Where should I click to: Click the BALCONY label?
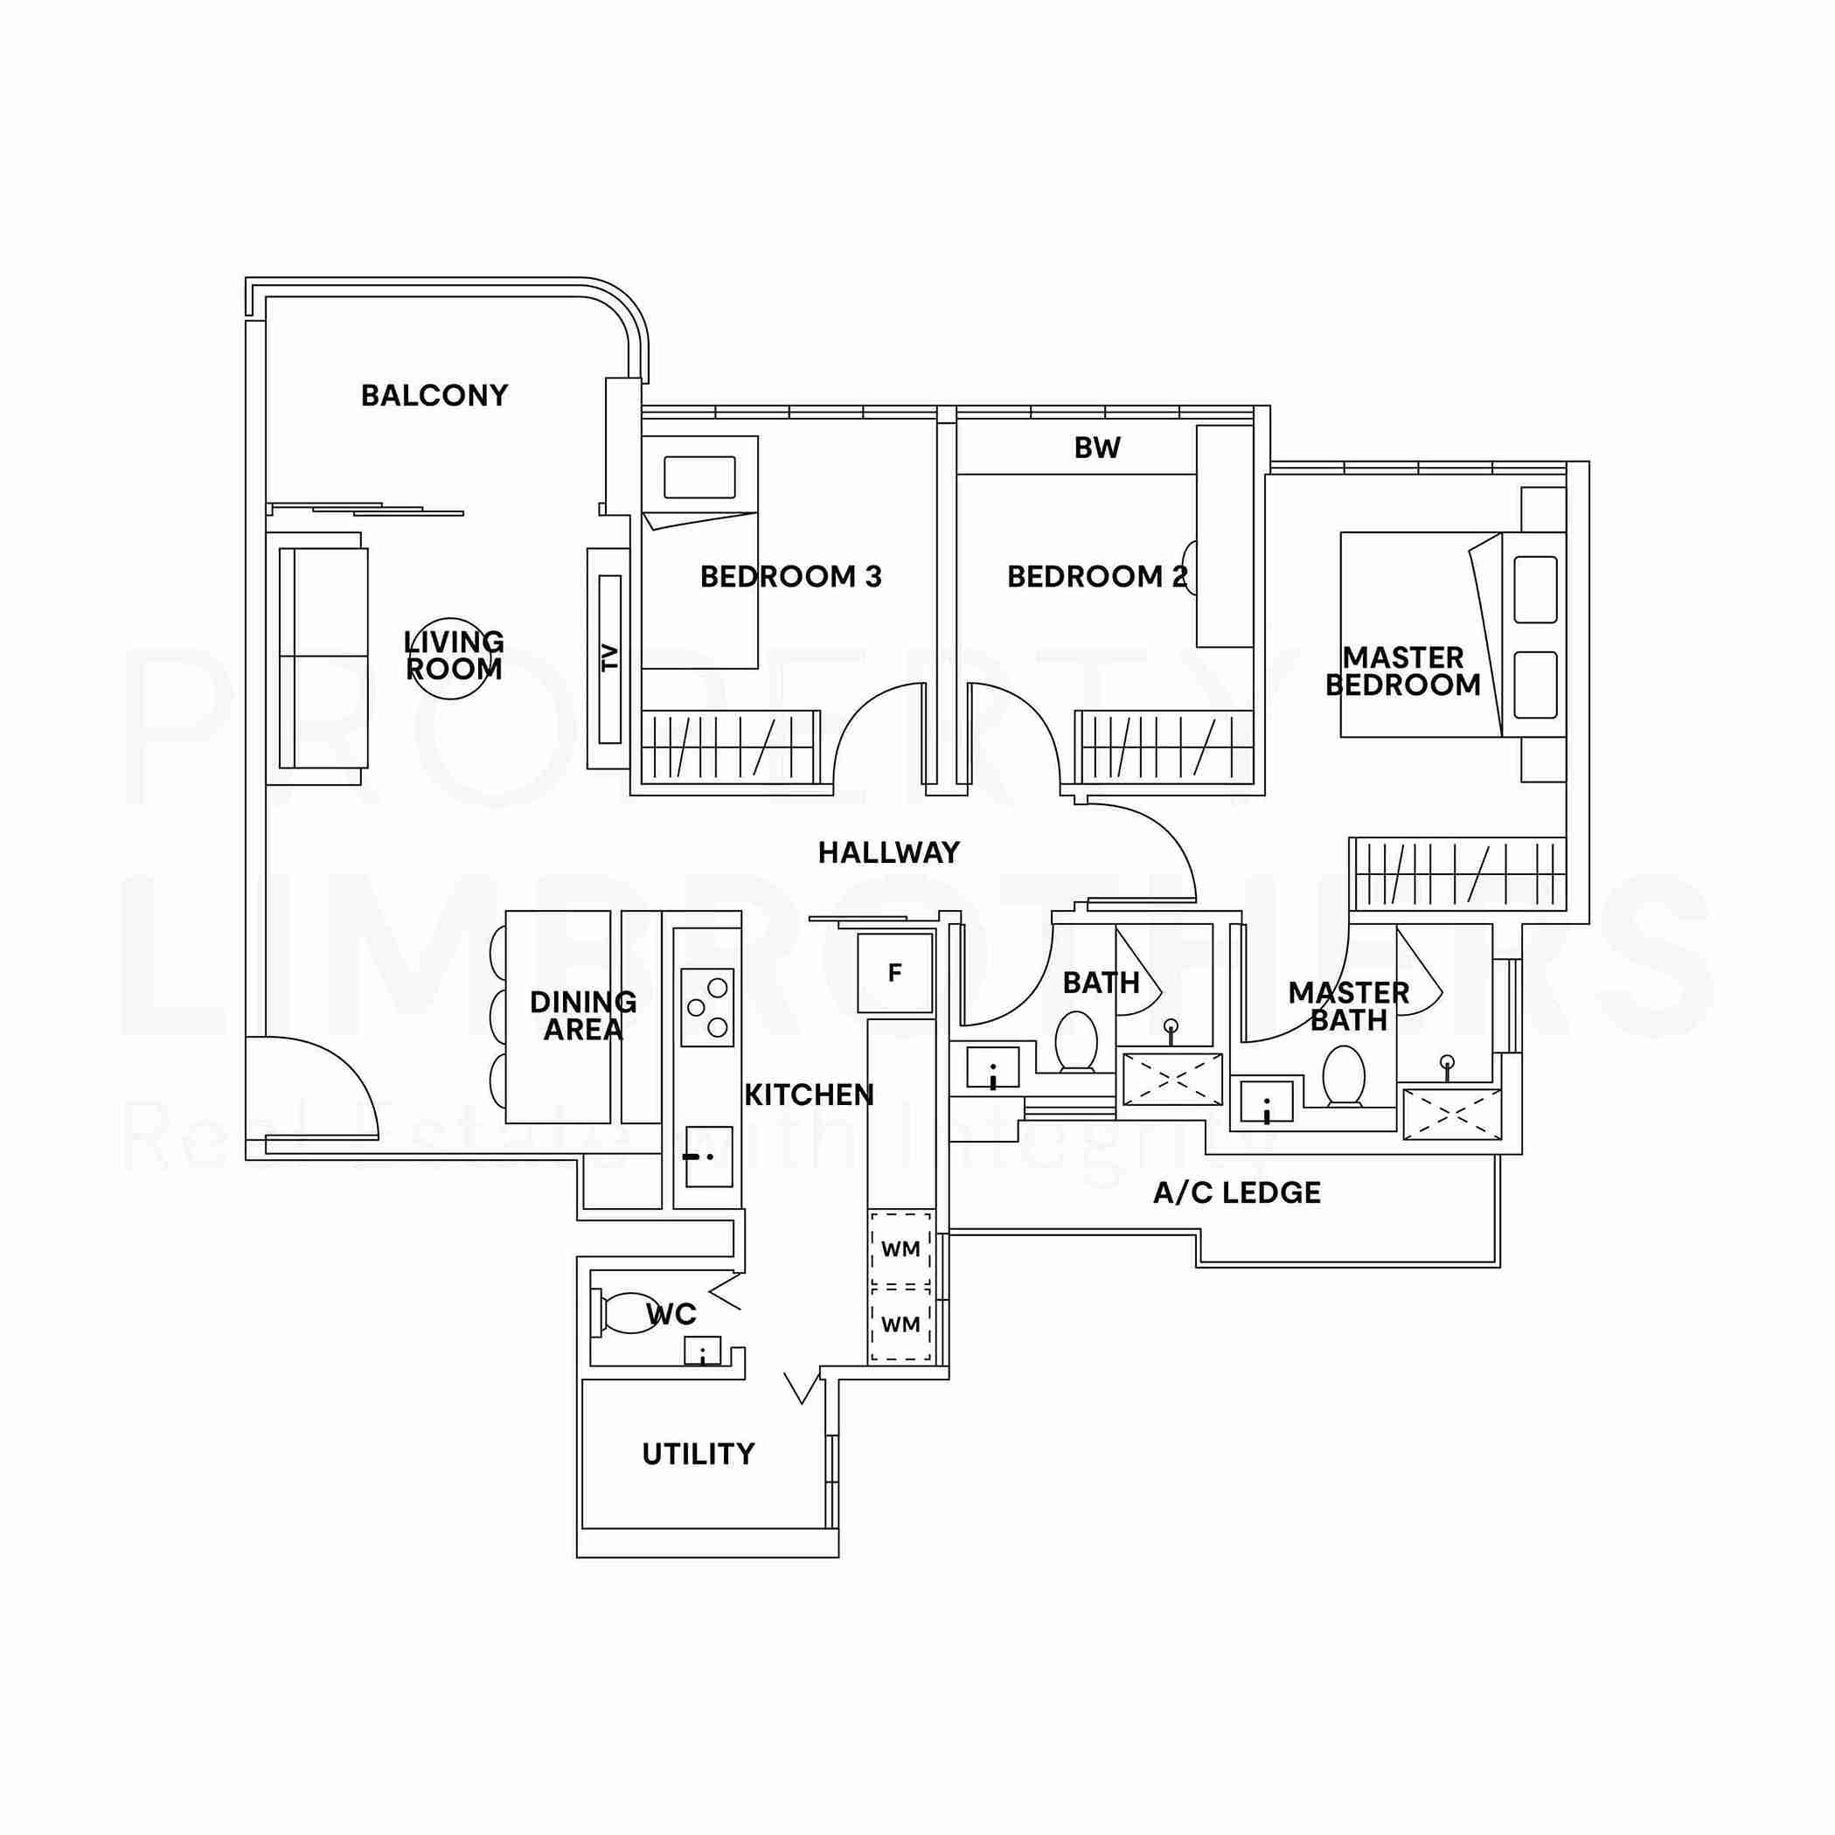tap(434, 395)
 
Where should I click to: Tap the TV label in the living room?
tap(609, 657)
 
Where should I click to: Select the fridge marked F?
tap(894, 973)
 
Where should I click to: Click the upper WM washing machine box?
tap(900, 1249)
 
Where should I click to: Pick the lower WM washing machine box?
tap(900, 1323)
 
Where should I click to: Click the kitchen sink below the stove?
tap(707, 1156)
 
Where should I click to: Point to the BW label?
tap(1097, 448)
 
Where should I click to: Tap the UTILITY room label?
tap(699, 1454)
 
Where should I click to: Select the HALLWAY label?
tap(889, 853)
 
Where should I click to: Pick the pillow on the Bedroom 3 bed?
tap(700, 476)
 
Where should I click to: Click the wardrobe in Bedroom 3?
tap(729, 747)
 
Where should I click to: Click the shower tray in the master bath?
tap(1452, 1114)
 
